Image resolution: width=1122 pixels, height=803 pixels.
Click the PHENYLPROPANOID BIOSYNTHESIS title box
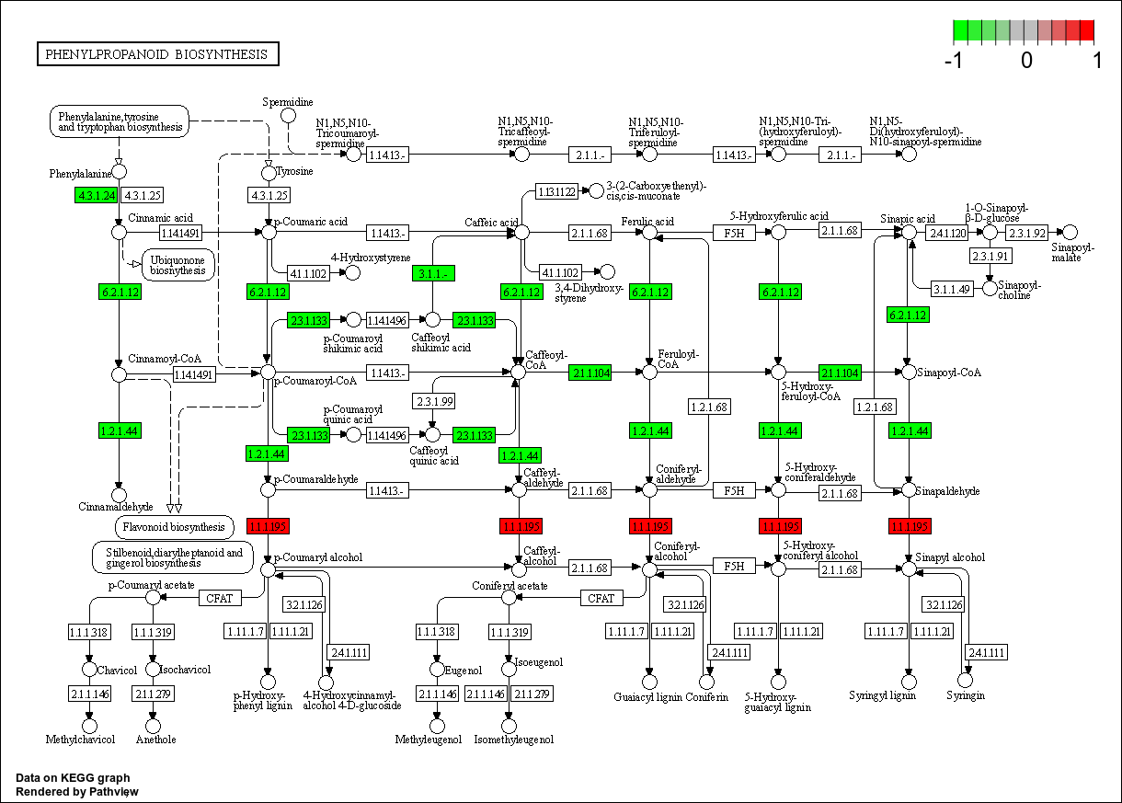click(157, 54)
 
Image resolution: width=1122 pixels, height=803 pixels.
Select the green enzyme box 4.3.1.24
click(97, 195)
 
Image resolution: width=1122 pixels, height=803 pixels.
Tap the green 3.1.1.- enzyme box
click(433, 273)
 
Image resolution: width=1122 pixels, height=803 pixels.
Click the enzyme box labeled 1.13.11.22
click(557, 191)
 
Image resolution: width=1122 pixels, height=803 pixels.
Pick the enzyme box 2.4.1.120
click(946, 233)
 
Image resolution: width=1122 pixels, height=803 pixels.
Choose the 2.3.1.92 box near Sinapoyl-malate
click(1027, 233)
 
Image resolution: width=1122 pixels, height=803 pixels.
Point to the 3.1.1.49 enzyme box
click(953, 289)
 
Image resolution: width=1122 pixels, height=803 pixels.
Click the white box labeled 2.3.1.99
click(433, 401)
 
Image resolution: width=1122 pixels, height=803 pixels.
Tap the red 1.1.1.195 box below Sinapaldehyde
click(910, 526)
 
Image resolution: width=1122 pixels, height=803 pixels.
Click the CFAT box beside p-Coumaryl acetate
click(220, 599)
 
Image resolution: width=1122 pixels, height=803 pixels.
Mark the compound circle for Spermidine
click(288, 115)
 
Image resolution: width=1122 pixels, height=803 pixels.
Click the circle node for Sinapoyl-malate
click(1070, 233)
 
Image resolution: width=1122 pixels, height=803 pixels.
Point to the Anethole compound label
click(155, 739)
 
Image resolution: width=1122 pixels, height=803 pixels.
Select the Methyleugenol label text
click(429, 740)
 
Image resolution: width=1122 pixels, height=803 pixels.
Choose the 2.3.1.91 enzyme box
click(990, 257)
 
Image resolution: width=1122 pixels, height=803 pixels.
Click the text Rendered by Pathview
click(78, 791)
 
